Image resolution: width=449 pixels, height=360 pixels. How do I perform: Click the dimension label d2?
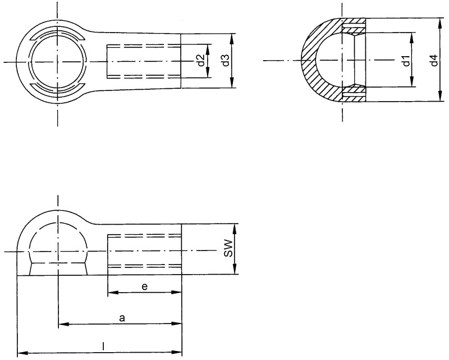(x=201, y=61)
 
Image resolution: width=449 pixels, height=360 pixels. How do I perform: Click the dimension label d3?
(x=226, y=61)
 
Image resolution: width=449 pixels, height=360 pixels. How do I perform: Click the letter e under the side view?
(x=144, y=286)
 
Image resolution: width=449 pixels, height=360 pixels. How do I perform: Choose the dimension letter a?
(x=122, y=318)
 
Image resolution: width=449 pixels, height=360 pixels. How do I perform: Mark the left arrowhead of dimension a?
(x=62, y=324)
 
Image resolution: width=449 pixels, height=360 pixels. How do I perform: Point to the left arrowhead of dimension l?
(x=21, y=353)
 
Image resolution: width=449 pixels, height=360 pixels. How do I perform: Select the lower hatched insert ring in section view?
(x=354, y=93)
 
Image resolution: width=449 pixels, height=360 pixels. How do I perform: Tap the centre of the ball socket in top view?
(x=57, y=61)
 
